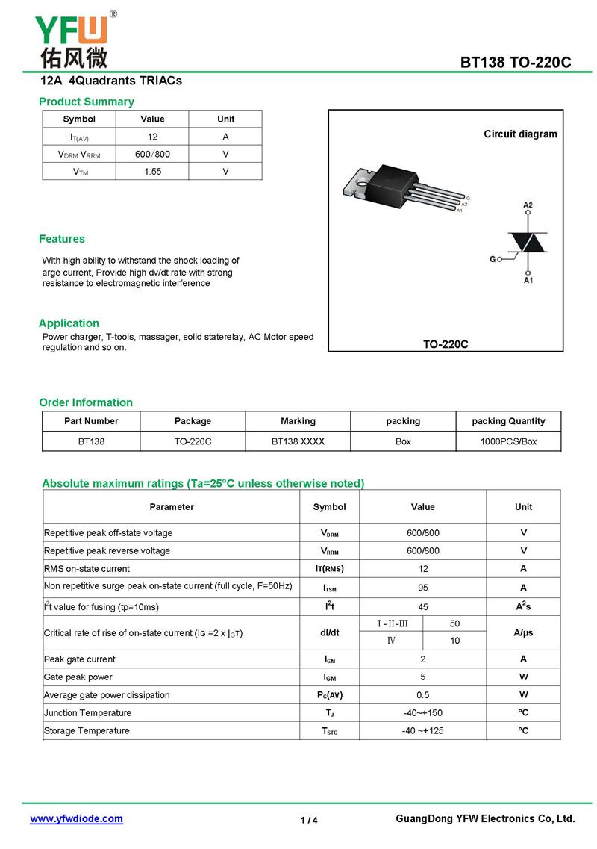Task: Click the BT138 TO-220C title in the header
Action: pos(516,63)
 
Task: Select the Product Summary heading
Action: pos(87,102)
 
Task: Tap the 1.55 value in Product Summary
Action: pos(152,172)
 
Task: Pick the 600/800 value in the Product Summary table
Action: pos(152,155)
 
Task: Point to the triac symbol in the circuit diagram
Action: pos(528,242)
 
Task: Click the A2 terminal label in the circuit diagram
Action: pos(528,205)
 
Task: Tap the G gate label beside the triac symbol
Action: pos(493,259)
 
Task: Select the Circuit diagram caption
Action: pos(520,134)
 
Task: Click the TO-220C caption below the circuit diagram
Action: pos(446,344)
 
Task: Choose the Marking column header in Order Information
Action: pos(298,421)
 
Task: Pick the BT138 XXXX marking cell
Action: pos(298,441)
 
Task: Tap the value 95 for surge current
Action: pos(422,588)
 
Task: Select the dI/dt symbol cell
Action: pos(329,632)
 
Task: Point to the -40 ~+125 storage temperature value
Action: pos(422,731)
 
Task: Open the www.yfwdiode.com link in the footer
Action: pos(76,819)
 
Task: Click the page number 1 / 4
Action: pos(309,821)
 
